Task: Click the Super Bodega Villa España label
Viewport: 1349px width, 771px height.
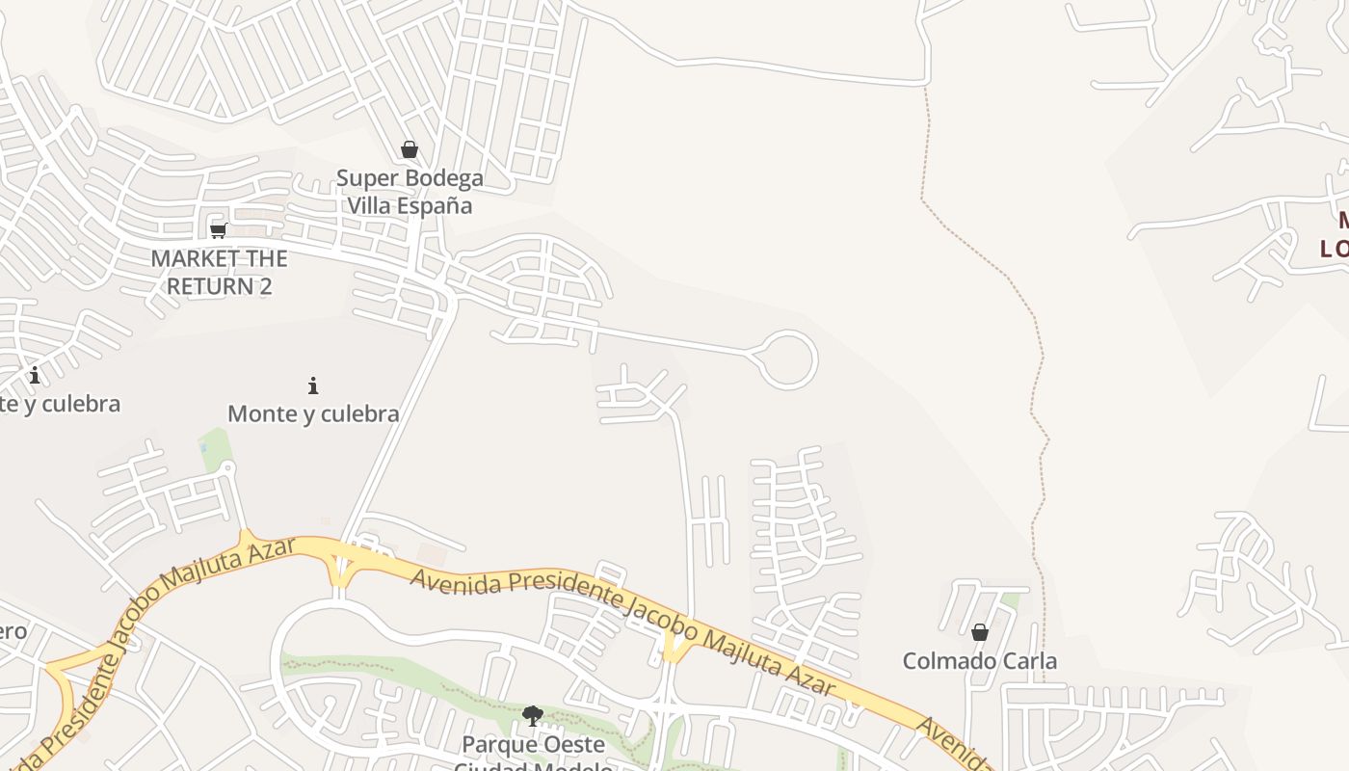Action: click(410, 192)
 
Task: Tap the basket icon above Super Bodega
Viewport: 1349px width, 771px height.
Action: click(410, 149)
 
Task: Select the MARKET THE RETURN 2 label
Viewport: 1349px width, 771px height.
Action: click(219, 272)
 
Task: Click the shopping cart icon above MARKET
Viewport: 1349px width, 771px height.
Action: click(219, 229)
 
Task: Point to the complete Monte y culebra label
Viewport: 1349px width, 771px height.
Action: click(313, 413)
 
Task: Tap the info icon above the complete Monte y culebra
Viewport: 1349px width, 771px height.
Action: click(313, 385)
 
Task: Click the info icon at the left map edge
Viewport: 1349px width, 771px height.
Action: click(35, 374)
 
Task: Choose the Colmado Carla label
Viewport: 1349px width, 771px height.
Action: click(979, 661)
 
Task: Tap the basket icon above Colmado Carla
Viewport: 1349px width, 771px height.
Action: click(980, 632)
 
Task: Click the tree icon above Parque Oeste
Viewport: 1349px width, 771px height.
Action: click(532, 715)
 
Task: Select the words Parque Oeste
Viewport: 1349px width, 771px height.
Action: click(533, 745)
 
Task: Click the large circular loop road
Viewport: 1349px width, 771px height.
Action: click(787, 359)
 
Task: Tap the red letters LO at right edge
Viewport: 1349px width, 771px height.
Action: click(1334, 249)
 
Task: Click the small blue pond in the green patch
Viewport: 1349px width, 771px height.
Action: click(204, 446)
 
